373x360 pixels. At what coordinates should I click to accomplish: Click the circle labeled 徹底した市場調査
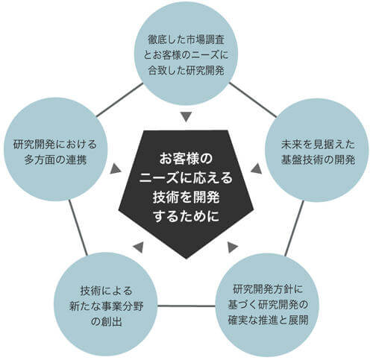[x=186, y=54]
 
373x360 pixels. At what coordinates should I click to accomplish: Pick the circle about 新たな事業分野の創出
[x=106, y=305]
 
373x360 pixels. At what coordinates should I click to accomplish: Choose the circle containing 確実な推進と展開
[x=268, y=306]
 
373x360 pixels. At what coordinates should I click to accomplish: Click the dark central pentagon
[x=186, y=192]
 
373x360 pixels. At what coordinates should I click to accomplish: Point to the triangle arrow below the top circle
[x=186, y=117]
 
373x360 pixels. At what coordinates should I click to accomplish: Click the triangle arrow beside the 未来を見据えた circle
[x=256, y=168]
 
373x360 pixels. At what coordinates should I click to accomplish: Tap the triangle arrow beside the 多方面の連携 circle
[x=115, y=168]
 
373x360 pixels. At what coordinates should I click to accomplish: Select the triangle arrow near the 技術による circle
[x=139, y=247]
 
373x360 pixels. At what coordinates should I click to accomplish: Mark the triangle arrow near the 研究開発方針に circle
[x=232, y=247]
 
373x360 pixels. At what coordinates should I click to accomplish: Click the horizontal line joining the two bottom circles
[x=187, y=306]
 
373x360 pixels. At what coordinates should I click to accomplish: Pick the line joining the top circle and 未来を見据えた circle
[x=252, y=99]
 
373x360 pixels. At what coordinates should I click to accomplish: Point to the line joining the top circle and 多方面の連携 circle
[x=119, y=100]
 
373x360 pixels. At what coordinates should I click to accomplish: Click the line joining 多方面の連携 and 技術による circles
[x=78, y=227]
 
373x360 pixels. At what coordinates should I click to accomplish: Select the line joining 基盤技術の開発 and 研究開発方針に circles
[x=294, y=228]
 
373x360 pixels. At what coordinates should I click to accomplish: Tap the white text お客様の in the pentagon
[x=186, y=160]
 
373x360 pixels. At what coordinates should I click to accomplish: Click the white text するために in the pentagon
[x=186, y=216]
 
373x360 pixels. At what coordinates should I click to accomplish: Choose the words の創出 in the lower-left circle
[x=107, y=322]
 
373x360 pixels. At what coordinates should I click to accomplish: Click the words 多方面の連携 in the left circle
[x=55, y=160]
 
